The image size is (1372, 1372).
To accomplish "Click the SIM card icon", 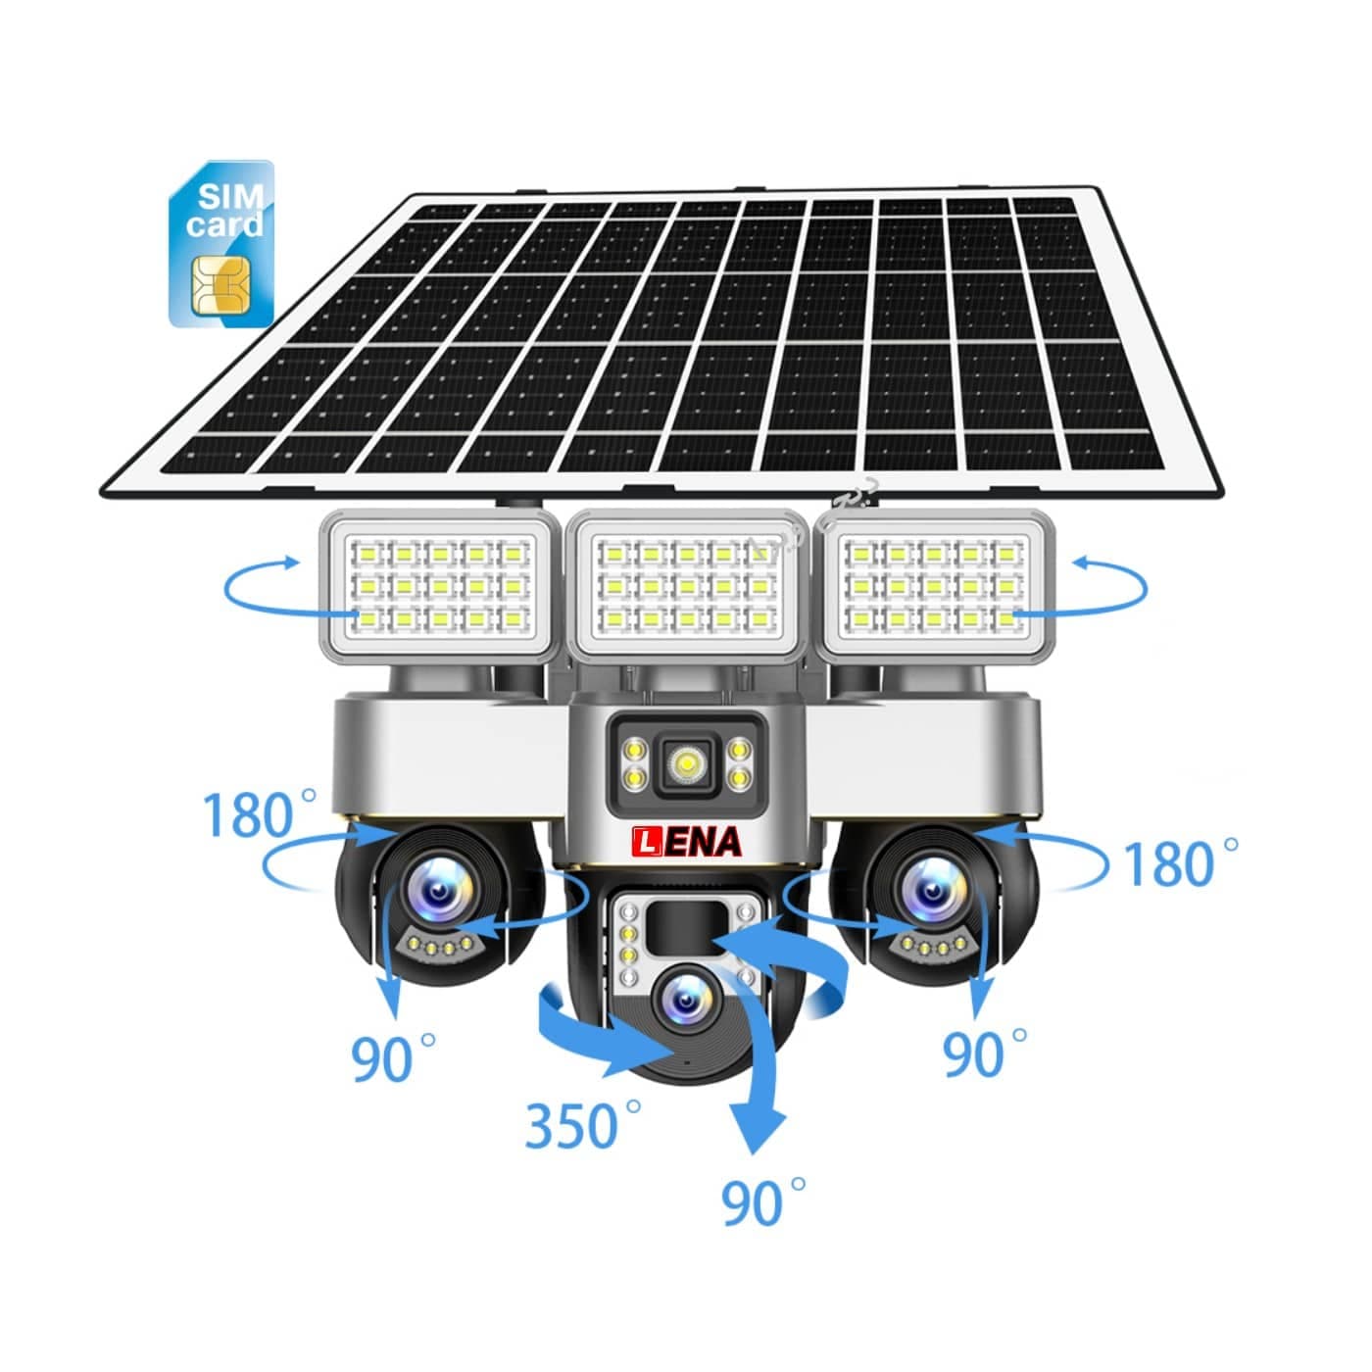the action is [x=220, y=243].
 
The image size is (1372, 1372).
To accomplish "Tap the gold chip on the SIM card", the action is [x=220, y=286].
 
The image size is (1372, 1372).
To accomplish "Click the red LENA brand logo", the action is [x=686, y=842].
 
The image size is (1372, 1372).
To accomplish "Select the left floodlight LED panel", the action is [x=437, y=586].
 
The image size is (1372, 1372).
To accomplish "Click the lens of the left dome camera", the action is [x=436, y=890].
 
